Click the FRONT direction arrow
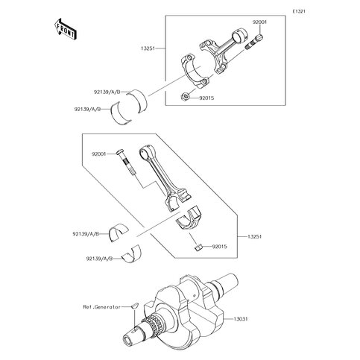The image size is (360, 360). point(66,28)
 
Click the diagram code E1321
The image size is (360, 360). point(299,11)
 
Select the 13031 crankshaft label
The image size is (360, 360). point(240,319)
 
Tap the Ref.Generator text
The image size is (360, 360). point(101,307)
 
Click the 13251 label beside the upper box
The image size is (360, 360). point(148,48)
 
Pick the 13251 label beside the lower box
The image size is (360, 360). point(255,236)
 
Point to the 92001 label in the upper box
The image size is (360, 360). point(259,22)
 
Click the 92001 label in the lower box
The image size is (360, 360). point(99,154)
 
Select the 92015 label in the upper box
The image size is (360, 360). point(206,98)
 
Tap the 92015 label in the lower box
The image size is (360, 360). point(219,247)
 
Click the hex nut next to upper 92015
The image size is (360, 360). point(185,96)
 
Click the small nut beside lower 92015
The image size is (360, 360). point(198,247)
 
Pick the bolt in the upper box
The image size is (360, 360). point(254,42)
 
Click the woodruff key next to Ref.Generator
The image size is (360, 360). point(135,306)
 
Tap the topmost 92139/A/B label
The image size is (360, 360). point(107,92)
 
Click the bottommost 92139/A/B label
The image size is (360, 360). point(99,259)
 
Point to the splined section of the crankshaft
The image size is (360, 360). point(154,323)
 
